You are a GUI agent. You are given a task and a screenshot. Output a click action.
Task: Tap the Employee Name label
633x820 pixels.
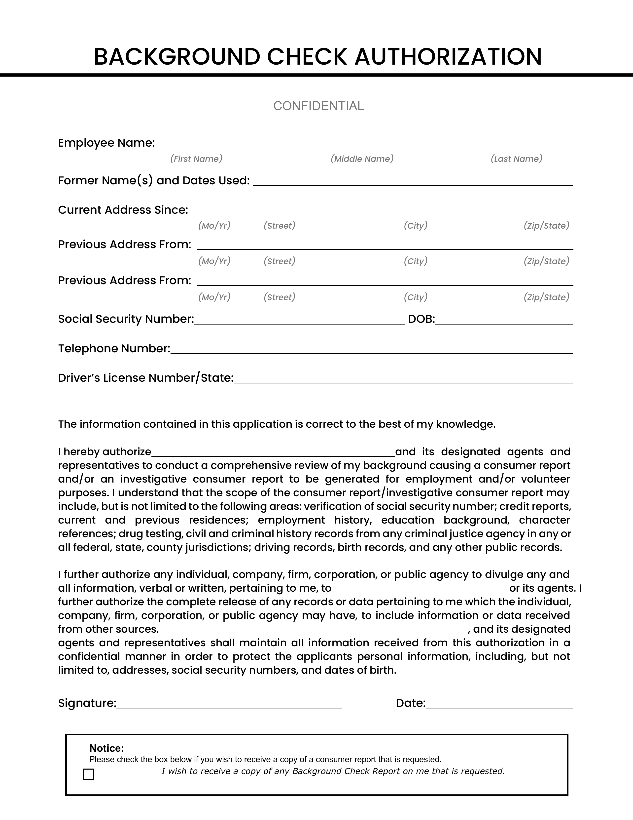[106, 143]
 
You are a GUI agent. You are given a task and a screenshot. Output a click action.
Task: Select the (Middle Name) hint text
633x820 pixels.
[362, 159]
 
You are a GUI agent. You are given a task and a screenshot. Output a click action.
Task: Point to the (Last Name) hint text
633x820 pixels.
[516, 159]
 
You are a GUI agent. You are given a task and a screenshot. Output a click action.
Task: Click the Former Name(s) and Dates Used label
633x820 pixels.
[154, 181]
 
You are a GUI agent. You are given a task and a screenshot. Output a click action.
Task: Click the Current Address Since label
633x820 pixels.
[123, 210]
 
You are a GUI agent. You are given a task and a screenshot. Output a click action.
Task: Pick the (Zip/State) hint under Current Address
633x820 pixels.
[546, 226]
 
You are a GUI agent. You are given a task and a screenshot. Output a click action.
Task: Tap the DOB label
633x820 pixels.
[421, 319]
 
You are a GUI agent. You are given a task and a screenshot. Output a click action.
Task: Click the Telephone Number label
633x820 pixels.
[114, 349]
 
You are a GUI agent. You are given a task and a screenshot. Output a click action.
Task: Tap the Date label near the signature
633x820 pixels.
[411, 703]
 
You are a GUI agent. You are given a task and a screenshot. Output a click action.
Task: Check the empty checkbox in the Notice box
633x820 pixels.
[89, 774]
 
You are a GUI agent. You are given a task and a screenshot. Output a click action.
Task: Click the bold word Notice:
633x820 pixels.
[106, 748]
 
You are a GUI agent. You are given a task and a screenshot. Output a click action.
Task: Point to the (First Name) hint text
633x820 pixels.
[196, 159]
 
